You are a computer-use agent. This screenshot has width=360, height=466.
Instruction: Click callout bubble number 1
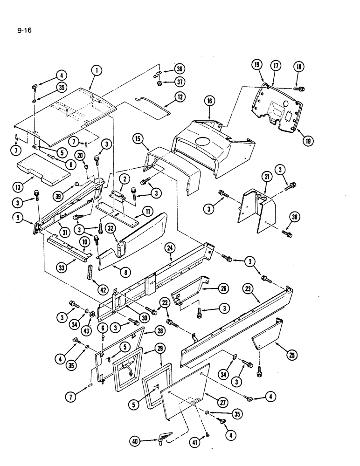[97, 71]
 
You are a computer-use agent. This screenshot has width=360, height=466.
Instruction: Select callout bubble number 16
[209, 100]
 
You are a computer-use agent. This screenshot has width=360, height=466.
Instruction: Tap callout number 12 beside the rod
[180, 97]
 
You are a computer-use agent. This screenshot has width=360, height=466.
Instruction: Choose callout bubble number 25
[292, 356]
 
